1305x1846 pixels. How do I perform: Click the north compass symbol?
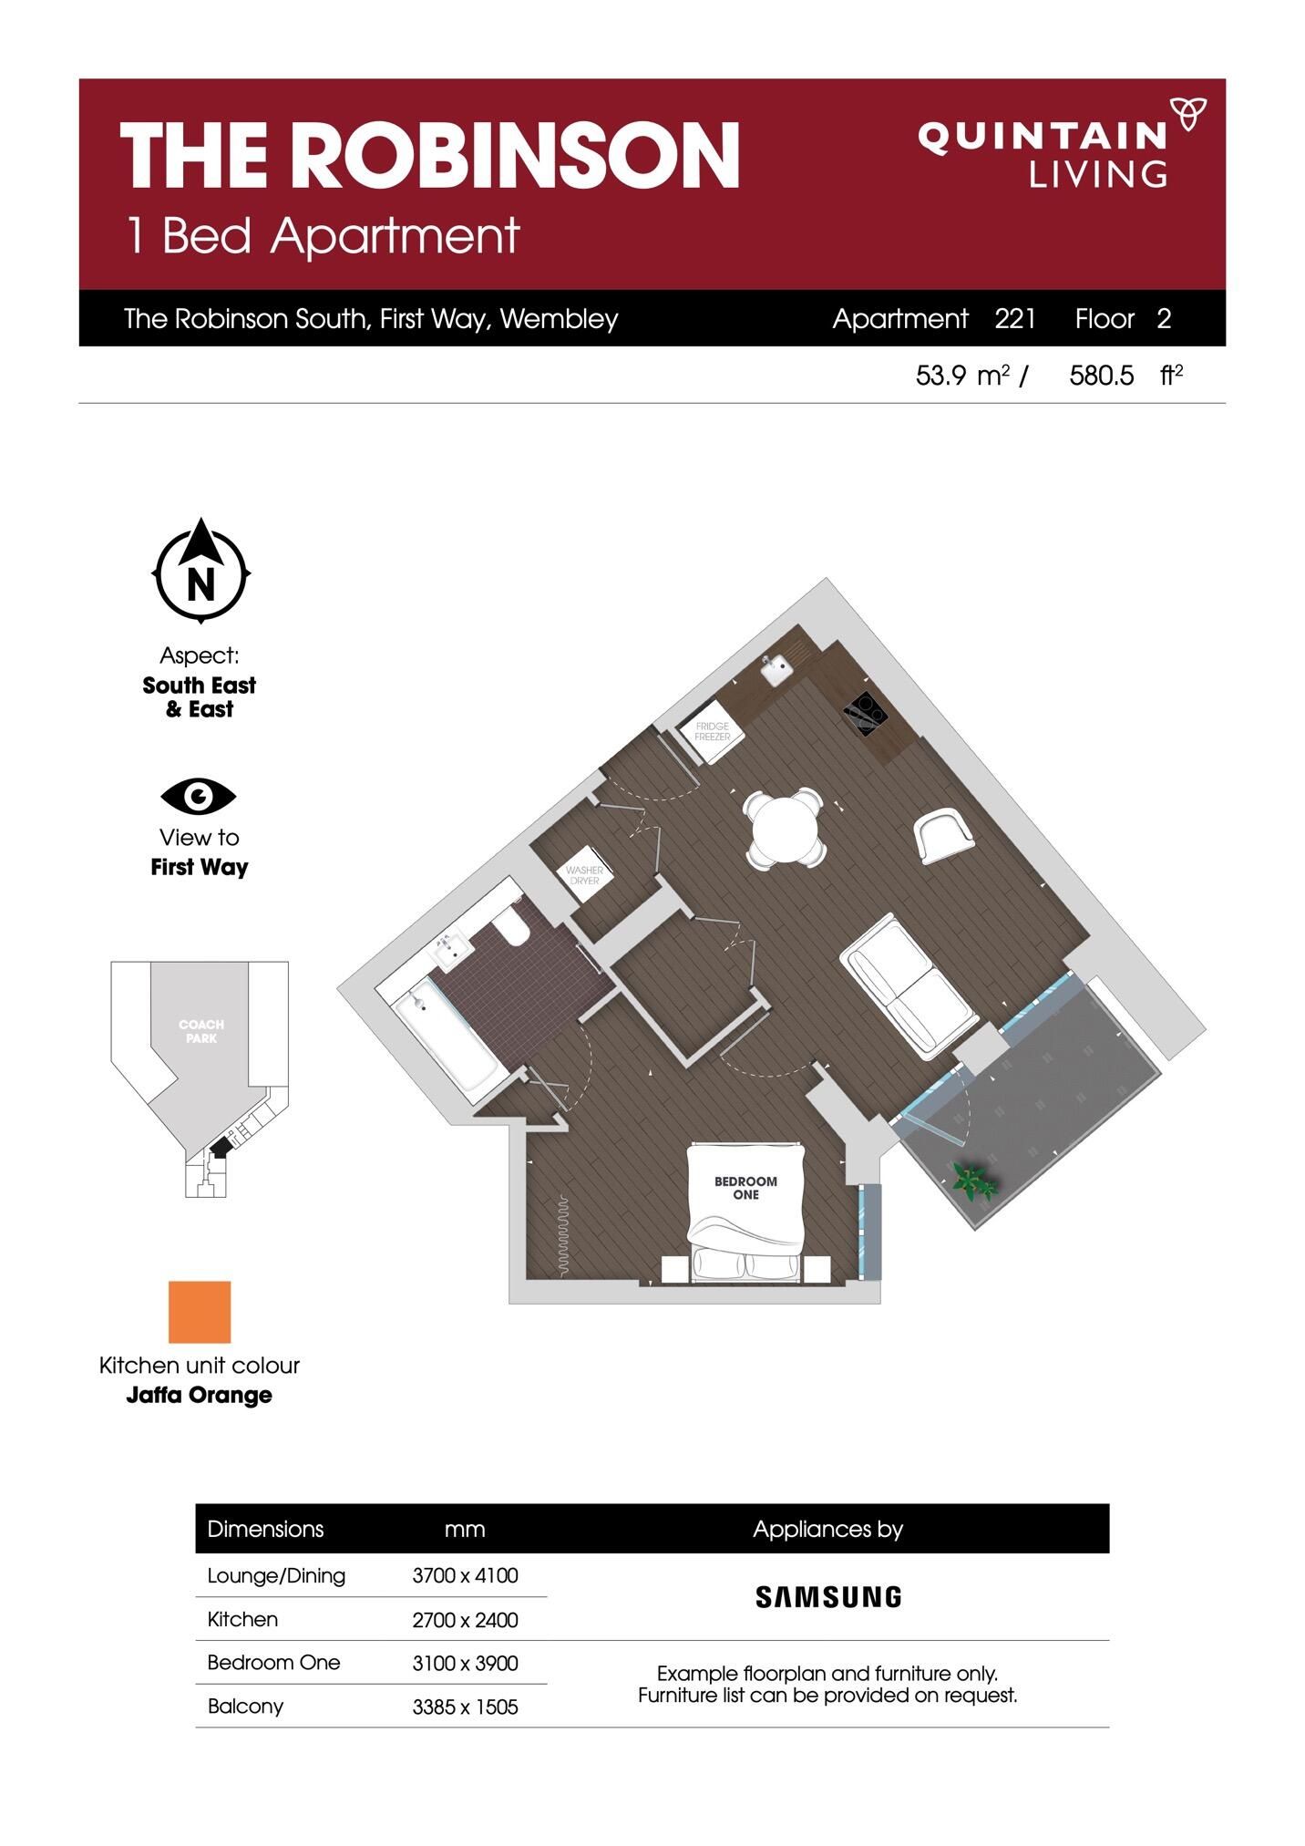(x=200, y=571)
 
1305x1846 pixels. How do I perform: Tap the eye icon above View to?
(x=199, y=797)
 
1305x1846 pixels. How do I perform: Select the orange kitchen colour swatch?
(x=200, y=1312)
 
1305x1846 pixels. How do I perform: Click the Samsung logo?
(x=828, y=1596)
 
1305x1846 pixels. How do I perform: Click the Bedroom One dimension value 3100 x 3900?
(x=465, y=1663)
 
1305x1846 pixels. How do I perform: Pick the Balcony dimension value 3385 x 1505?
(x=465, y=1707)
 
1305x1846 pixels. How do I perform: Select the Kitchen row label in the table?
(x=242, y=1619)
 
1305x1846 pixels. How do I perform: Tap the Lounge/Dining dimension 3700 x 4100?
(x=465, y=1575)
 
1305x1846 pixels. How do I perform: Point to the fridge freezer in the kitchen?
(x=713, y=731)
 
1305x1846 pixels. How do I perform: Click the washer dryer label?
(x=584, y=875)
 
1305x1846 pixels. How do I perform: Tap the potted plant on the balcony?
(x=974, y=1181)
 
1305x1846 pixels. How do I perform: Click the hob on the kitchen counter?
(x=865, y=713)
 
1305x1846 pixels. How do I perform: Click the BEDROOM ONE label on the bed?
(x=745, y=1188)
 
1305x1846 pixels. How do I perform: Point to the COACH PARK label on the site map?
(x=201, y=1031)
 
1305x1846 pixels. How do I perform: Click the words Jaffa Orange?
(x=199, y=1395)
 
